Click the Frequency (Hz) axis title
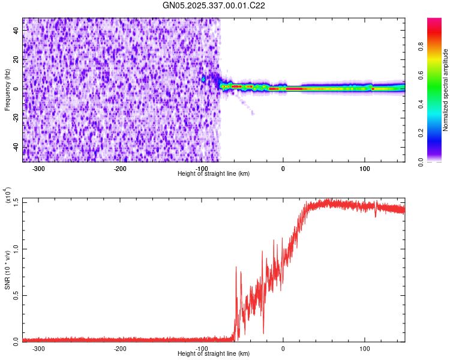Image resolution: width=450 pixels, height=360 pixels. coord(7,90)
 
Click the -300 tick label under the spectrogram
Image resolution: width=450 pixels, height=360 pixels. coord(39,168)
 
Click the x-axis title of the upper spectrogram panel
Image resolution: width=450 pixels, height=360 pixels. coord(214,174)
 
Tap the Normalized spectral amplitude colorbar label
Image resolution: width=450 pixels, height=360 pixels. coord(446,90)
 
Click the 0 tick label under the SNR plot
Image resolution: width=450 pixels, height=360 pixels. coord(283,348)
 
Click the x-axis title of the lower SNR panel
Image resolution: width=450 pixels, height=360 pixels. coord(214,354)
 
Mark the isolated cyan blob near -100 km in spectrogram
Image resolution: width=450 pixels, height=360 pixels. coord(203,79)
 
